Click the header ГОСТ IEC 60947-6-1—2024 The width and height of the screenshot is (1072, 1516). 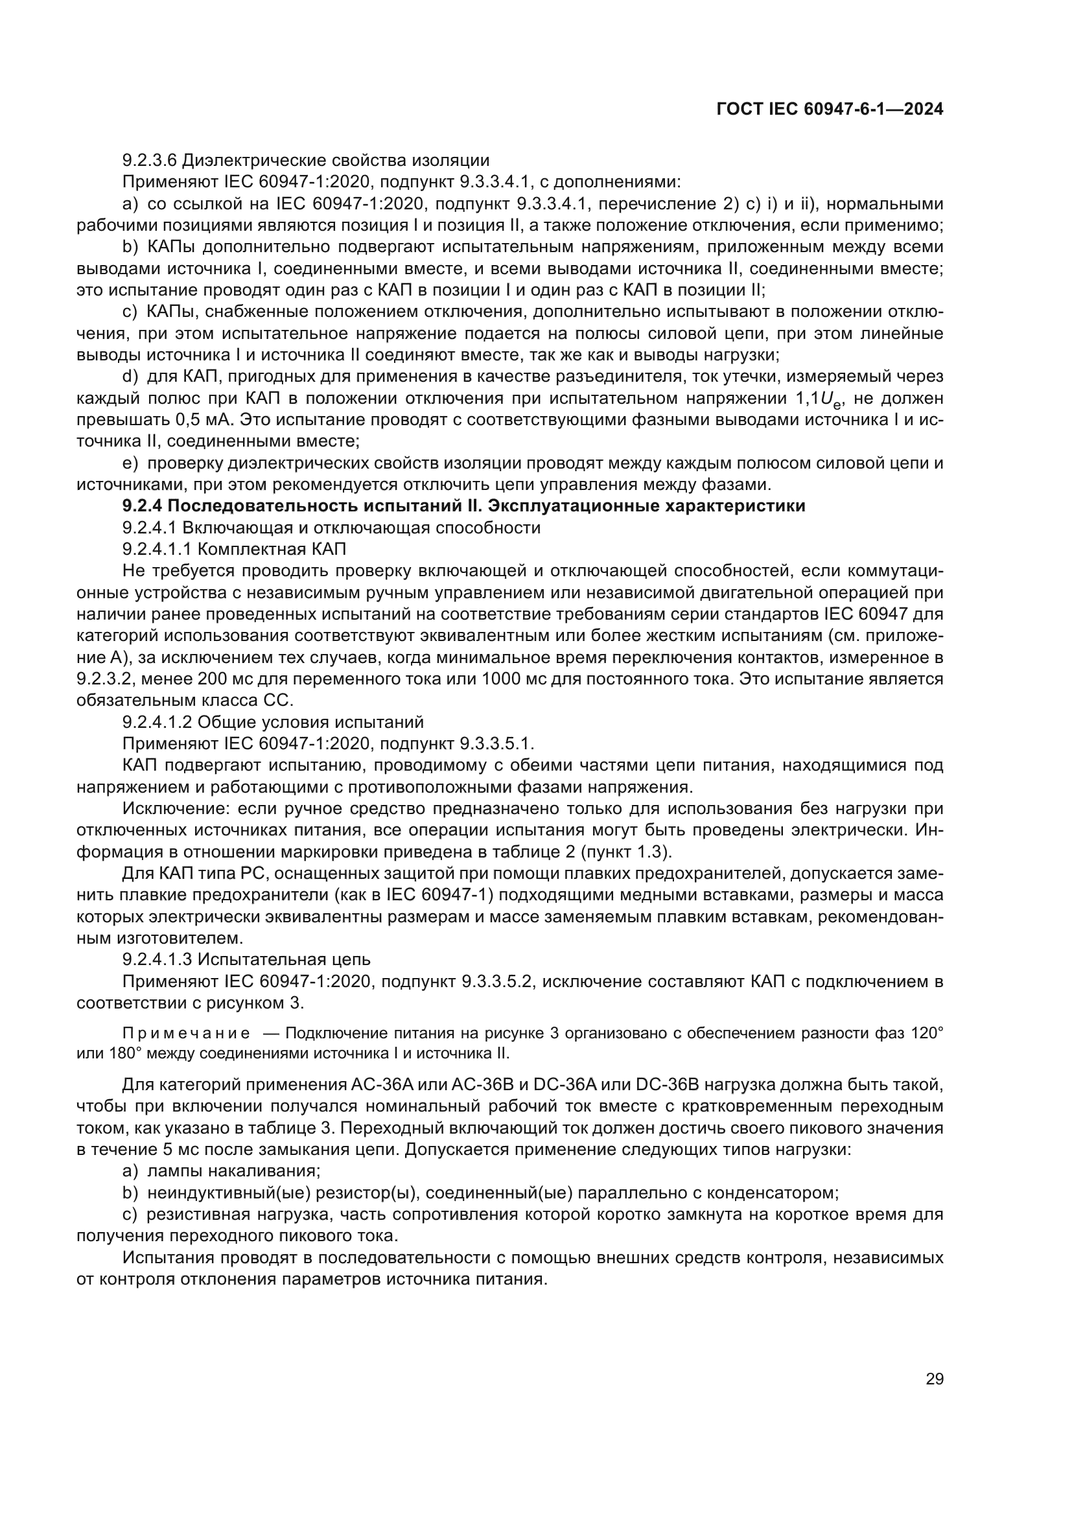coord(829,110)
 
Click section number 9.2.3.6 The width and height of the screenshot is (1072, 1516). coord(149,161)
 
